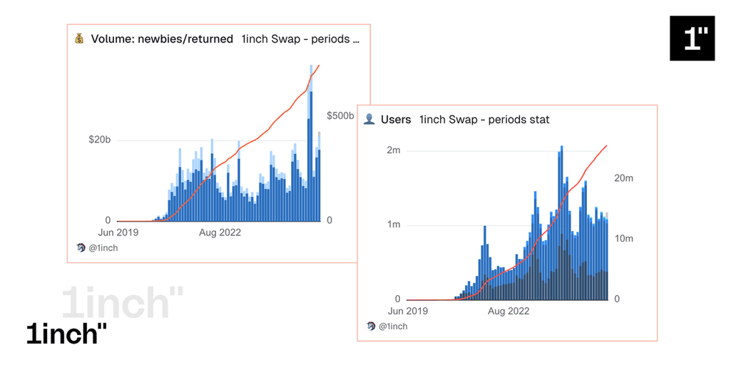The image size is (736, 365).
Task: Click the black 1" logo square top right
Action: point(692,38)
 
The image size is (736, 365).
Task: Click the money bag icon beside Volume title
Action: point(79,39)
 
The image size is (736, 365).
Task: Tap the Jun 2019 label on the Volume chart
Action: point(118,232)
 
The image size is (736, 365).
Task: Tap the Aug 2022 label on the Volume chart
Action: point(220,232)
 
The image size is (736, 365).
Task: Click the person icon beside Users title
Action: point(369,119)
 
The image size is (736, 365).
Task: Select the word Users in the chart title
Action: point(396,119)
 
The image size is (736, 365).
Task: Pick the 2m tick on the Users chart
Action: point(393,150)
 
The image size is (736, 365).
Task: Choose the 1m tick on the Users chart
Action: point(393,225)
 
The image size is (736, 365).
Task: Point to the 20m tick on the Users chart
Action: point(624,178)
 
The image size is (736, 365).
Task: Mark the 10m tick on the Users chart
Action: point(624,239)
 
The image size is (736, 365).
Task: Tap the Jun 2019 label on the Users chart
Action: point(407,312)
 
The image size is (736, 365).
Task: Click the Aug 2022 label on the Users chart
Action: point(508,312)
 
